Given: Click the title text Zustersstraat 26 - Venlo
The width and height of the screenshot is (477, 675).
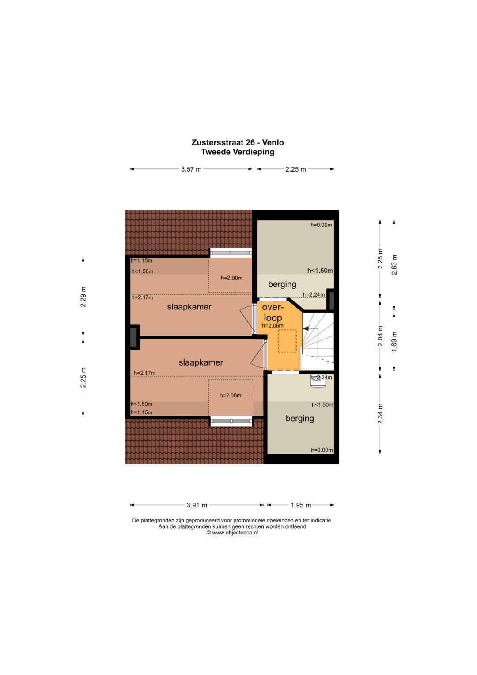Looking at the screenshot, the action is click(x=238, y=142).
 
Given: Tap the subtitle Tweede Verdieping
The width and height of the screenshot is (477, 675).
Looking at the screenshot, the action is click(x=238, y=152).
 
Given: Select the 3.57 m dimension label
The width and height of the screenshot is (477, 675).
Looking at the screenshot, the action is click(x=191, y=169).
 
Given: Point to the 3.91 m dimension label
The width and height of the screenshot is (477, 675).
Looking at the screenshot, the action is click(x=197, y=505).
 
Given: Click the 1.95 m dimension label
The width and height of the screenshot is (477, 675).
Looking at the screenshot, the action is click(x=301, y=505).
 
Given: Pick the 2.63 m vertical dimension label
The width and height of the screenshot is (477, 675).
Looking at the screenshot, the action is click(x=394, y=265).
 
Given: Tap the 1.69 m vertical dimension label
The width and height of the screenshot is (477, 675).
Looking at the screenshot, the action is click(x=394, y=341).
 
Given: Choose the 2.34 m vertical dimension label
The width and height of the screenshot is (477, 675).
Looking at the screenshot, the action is click(x=380, y=414).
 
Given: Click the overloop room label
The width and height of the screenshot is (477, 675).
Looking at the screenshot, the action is click(x=273, y=313).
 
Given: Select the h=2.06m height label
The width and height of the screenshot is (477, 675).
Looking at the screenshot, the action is click(x=273, y=325).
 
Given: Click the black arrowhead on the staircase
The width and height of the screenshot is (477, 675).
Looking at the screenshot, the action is click(x=305, y=328).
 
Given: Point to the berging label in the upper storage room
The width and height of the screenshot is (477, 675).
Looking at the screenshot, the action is click(x=282, y=284).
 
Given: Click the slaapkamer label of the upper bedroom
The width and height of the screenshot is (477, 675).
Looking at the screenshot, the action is click(x=189, y=307).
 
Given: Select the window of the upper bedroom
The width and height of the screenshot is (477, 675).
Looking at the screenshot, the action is click(x=231, y=252).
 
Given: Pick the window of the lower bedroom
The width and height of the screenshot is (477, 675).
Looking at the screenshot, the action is click(x=231, y=421).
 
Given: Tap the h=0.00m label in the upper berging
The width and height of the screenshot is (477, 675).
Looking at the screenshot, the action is click(x=322, y=225).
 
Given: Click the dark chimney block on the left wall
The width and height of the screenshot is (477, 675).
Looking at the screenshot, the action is click(x=133, y=337).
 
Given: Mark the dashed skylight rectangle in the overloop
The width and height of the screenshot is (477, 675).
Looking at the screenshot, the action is click(x=287, y=340).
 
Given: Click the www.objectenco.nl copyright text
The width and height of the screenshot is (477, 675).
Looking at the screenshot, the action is click(x=232, y=533).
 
